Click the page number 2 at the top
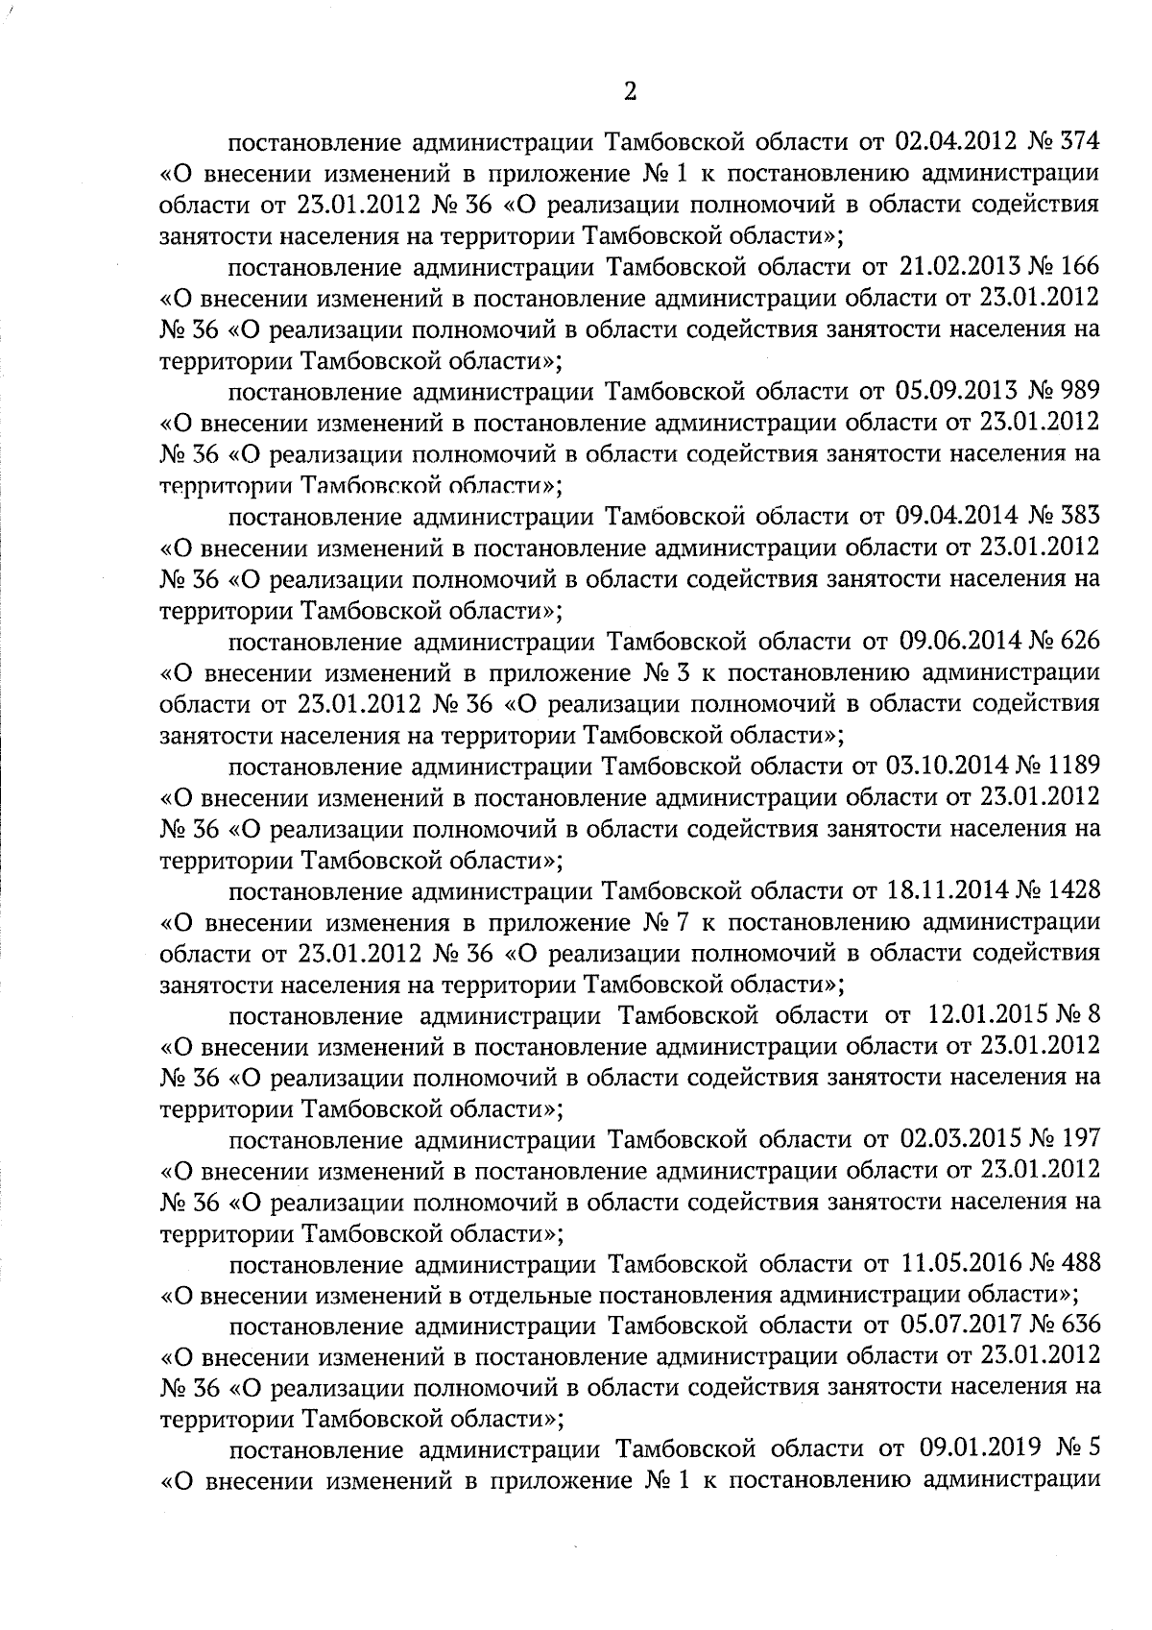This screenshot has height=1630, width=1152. coord(629,91)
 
